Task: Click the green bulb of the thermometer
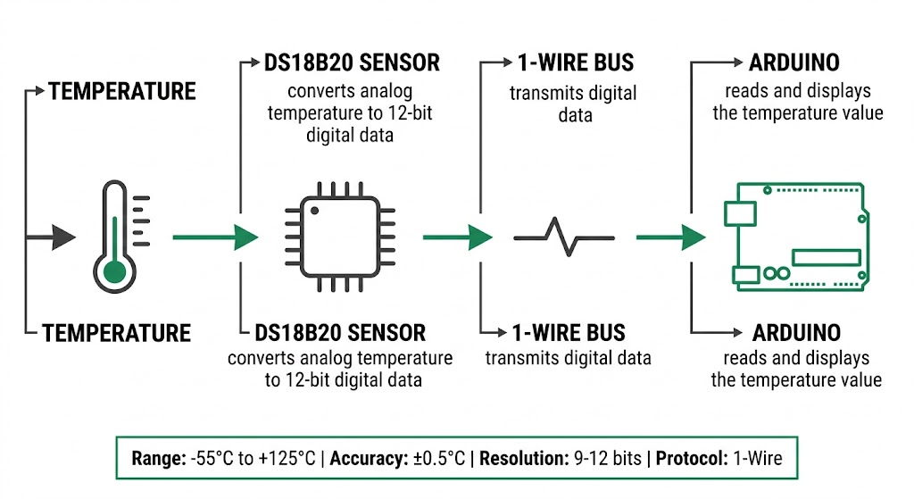tap(113, 272)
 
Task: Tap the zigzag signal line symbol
tap(564, 237)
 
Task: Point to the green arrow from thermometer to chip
tap(214, 237)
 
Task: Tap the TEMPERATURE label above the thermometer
tap(122, 91)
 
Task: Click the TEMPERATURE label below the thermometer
tap(116, 334)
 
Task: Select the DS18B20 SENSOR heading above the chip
tap(352, 63)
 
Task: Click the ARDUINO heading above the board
tap(794, 63)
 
